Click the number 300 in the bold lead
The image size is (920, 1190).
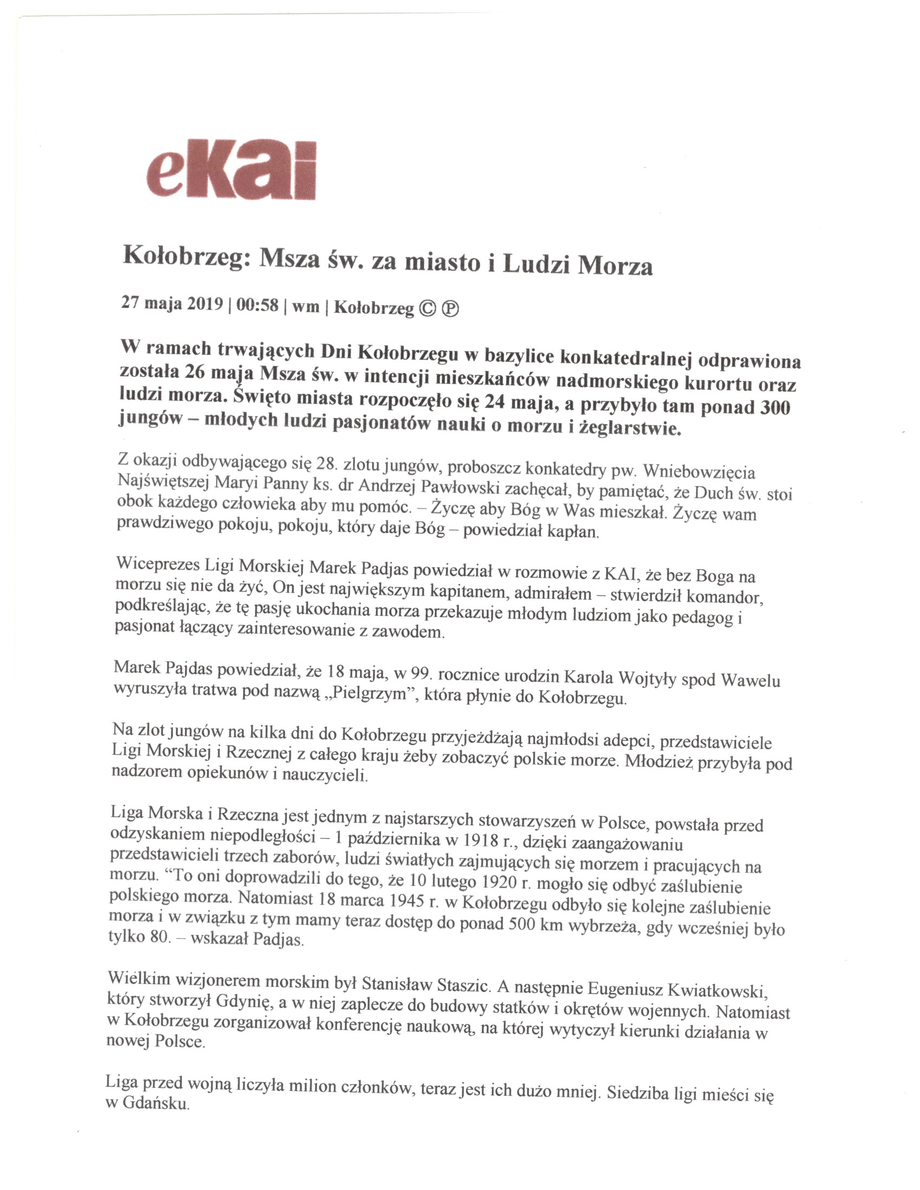(774, 407)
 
